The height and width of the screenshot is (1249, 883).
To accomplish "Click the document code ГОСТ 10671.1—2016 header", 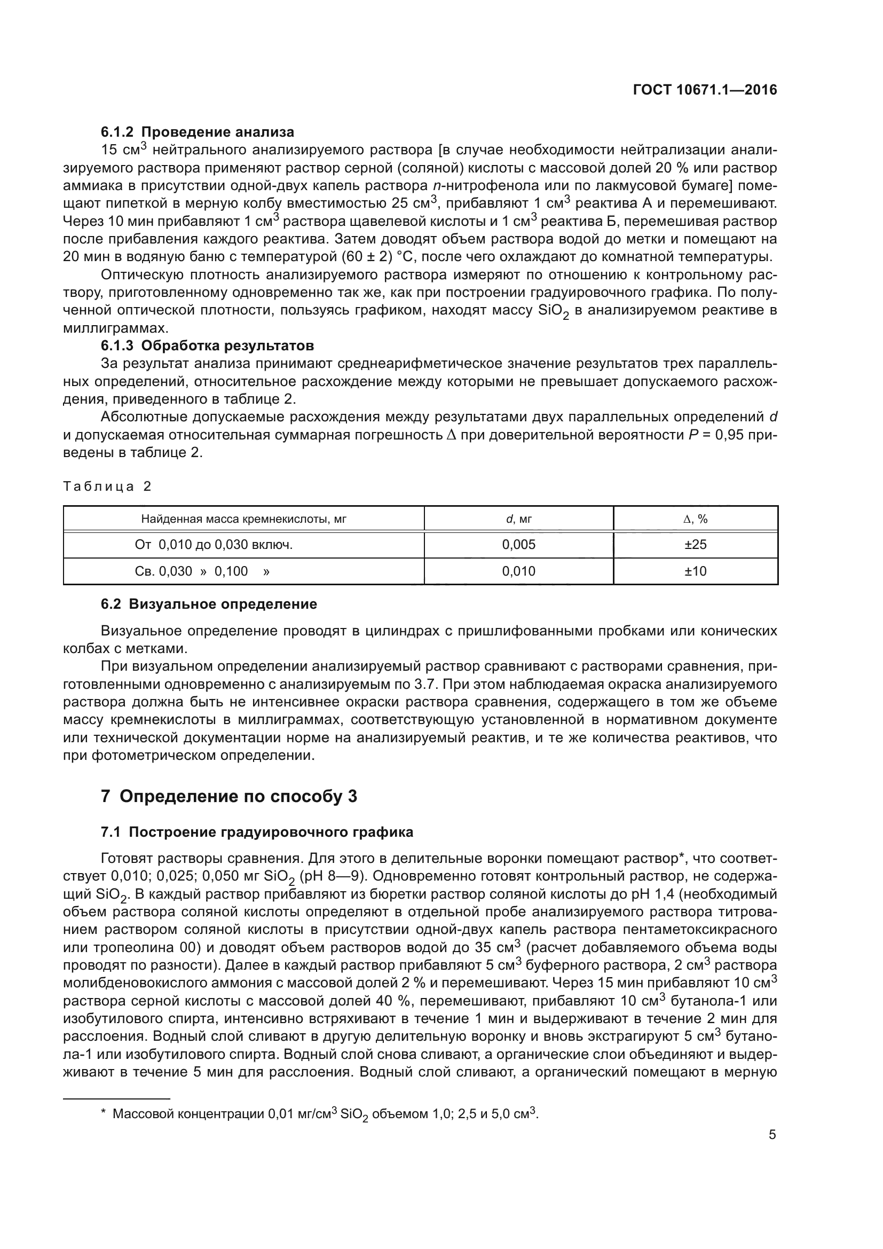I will [705, 90].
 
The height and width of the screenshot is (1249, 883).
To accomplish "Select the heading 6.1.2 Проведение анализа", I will [198, 132].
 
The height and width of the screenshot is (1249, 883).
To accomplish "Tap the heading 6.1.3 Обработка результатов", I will [207, 345].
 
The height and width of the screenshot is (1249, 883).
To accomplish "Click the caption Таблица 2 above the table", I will [107, 486].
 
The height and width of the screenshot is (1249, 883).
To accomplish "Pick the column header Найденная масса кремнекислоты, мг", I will [243, 519].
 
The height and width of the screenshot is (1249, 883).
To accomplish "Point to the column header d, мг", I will [519, 519].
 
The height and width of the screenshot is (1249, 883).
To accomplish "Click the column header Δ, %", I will [696, 519].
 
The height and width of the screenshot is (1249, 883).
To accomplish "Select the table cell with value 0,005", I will [519, 545].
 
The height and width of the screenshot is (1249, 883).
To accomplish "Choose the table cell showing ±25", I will [696, 545].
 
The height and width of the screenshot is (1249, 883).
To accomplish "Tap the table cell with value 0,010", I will [519, 571].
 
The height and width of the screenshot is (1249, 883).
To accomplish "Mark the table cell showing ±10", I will [696, 571].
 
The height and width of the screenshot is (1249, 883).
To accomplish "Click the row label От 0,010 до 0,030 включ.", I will [214, 545].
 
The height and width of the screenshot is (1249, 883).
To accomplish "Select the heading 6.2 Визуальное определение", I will [209, 604].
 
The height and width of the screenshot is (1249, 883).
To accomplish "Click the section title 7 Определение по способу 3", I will [229, 796].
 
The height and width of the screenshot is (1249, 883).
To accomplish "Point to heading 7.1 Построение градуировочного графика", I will [257, 832].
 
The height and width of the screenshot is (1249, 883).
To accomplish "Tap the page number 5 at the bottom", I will [772, 1135].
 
